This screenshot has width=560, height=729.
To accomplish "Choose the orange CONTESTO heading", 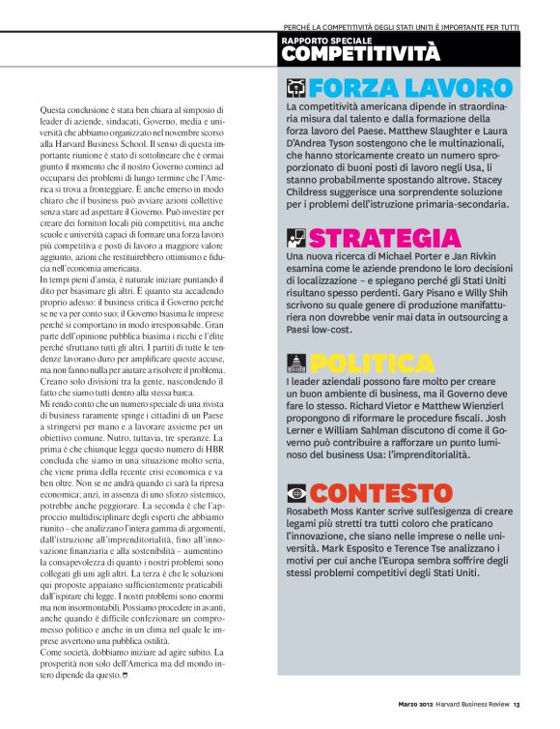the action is (381, 492).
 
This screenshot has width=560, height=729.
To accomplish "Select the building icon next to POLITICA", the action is (295, 364).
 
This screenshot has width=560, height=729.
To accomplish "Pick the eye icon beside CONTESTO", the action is (295, 493).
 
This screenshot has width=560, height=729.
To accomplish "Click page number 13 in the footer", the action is (518, 704).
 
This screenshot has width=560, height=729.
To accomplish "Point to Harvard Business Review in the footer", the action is (475, 704).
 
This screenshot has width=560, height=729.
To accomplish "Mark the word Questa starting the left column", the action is (60, 113).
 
